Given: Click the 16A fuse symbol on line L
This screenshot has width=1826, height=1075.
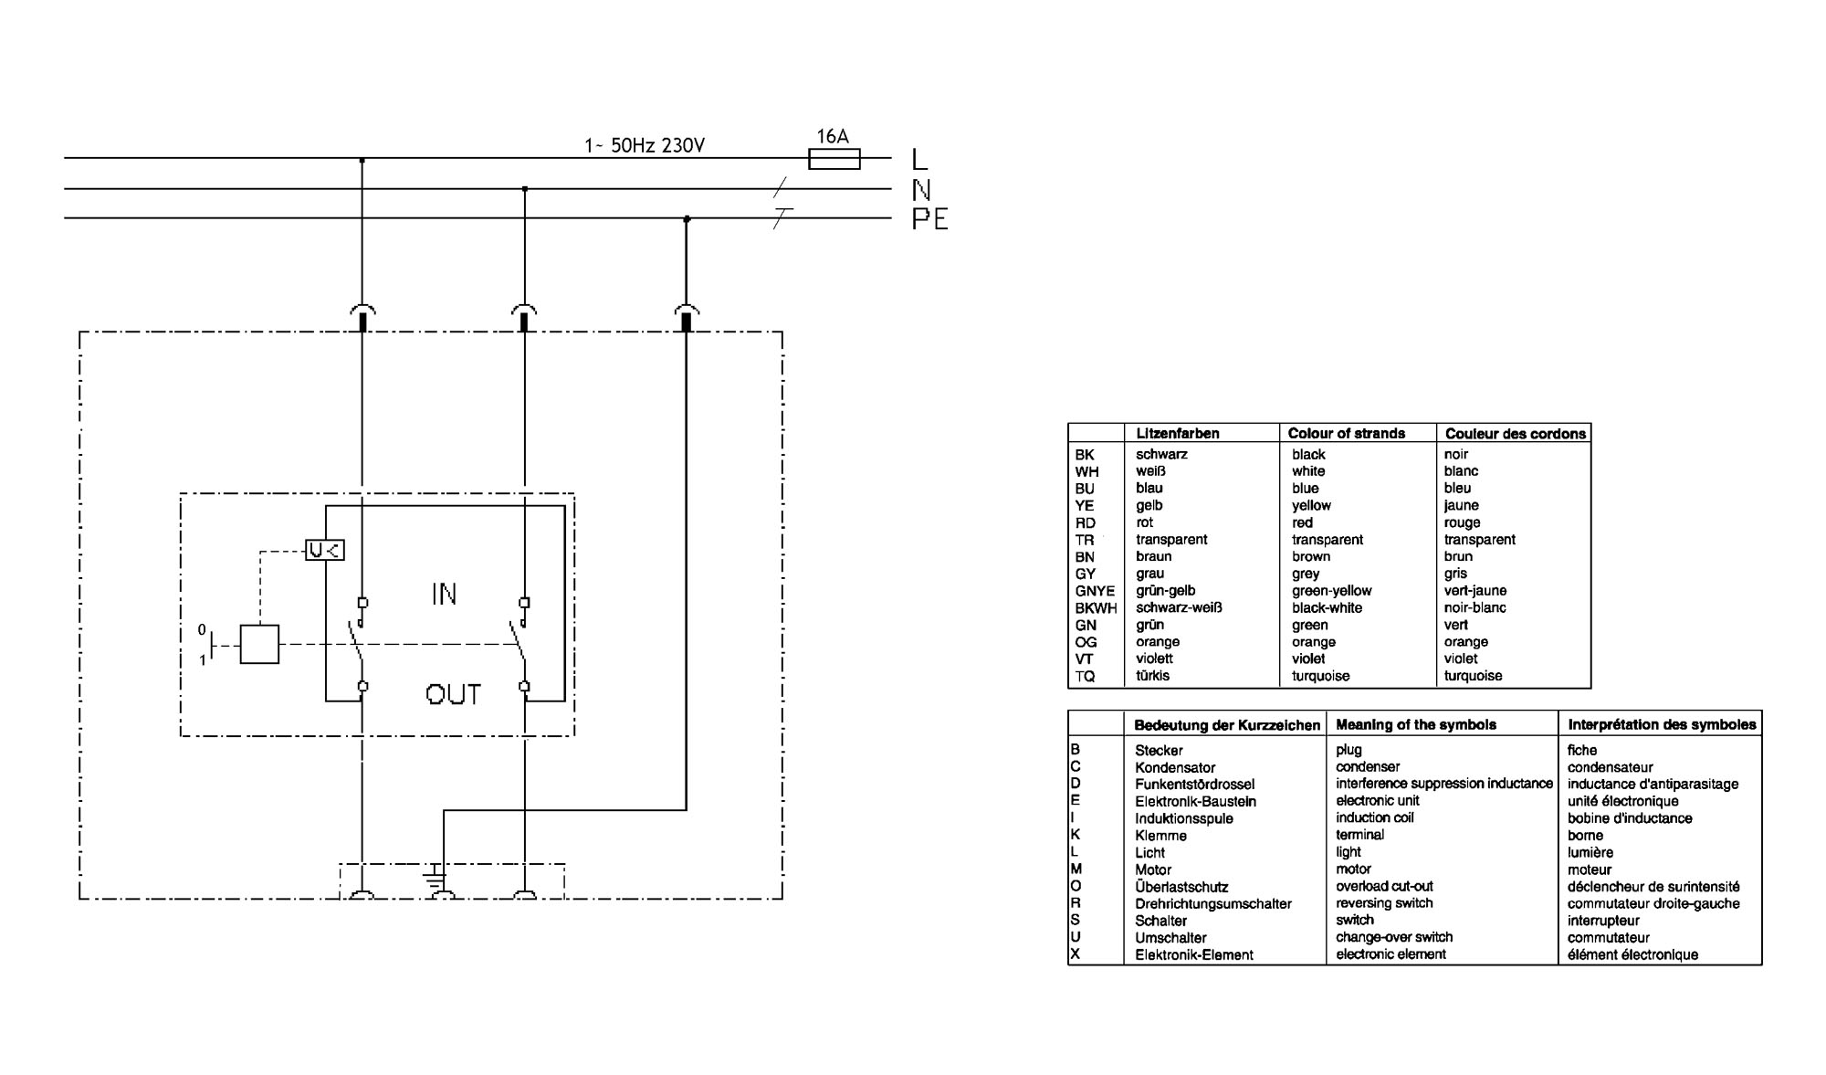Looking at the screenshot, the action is (x=834, y=159).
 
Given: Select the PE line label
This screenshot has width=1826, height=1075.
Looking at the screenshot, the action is (x=929, y=219).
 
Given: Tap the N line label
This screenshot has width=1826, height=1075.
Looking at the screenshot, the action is (x=921, y=190).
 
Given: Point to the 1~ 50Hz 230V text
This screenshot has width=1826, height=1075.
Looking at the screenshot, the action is (x=645, y=145).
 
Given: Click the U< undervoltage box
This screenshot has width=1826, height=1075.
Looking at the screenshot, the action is (x=325, y=550).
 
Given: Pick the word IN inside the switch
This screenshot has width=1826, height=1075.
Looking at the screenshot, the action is (x=444, y=595).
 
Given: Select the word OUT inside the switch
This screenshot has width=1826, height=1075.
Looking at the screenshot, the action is (x=453, y=695).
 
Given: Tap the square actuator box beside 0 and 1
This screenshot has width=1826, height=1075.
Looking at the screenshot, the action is (x=259, y=644).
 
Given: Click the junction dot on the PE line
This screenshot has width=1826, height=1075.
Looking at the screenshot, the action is (x=687, y=219).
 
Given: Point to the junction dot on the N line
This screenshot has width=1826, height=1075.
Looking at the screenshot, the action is (x=524, y=189).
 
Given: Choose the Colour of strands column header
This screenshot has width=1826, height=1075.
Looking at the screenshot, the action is (x=1346, y=434).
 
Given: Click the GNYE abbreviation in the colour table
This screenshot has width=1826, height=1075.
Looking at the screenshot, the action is (x=1095, y=591).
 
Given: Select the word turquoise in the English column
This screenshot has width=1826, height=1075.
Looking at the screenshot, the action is (x=1320, y=677).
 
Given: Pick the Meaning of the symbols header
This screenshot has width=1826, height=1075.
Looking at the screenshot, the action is (x=1416, y=724).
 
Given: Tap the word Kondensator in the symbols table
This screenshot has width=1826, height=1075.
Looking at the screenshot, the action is (x=1175, y=768).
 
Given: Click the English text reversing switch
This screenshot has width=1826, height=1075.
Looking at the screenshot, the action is (x=1384, y=903).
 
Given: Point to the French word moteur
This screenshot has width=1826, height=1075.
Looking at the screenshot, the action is (x=1590, y=870).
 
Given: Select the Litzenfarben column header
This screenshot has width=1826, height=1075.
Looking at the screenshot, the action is (x=1178, y=434).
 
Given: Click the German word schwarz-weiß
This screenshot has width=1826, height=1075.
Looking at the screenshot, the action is (x=1179, y=607).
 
